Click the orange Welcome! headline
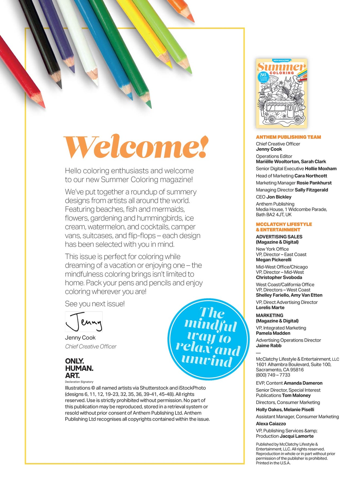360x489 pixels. coord(136,147)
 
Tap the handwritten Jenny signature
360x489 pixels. coord(84,322)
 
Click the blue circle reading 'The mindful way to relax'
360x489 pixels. coord(208,339)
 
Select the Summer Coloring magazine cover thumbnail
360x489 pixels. coord(281,93)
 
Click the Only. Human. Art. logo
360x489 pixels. coord(79,368)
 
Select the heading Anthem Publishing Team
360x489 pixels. coord(288,137)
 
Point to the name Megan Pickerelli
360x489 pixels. coord(274,260)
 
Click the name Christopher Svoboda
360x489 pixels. coord(279,277)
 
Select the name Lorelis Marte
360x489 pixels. coord(270,308)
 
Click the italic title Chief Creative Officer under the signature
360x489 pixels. coord(91,346)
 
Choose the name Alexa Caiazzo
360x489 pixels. coord(271,424)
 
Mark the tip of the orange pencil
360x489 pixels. coord(192,20)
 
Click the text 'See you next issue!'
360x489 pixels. coord(95,304)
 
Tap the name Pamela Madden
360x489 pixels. coord(273,333)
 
